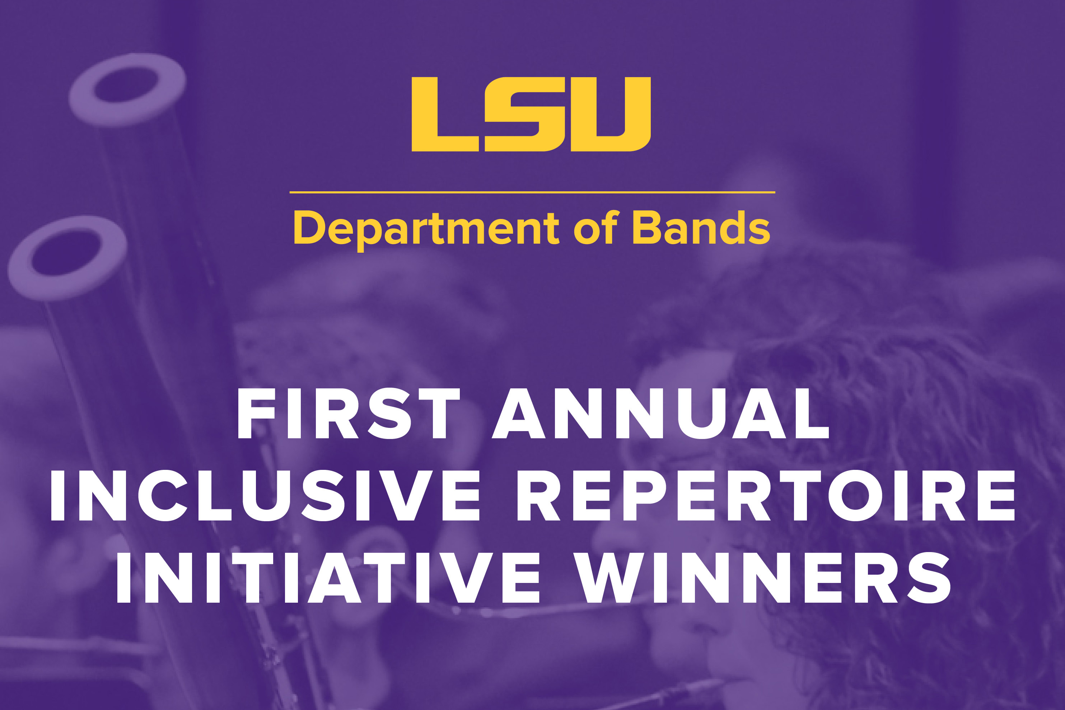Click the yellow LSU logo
click(531, 114)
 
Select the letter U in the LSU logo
click(611, 114)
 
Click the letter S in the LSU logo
click(525, 114)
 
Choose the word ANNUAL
click(660, 414)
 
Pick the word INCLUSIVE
click(265, 495)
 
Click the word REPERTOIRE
click(766, 495)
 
